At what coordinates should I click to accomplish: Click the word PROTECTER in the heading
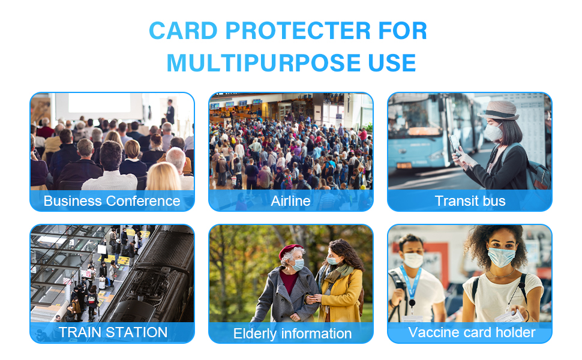[298, 31]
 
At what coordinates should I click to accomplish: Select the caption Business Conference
[112, 201]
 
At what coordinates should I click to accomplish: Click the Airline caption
[290, 201]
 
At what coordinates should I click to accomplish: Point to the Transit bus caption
[470, 201]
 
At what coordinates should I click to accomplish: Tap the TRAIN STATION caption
[113, 332]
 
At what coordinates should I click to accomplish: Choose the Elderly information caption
[292, 334]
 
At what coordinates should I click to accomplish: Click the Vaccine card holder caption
[472, 332]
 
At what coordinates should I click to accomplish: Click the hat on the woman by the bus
[499, 110]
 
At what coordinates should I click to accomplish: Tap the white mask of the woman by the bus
[493, 133]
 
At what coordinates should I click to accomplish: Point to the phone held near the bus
[455, 145]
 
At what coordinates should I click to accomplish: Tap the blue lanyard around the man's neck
[411, 284]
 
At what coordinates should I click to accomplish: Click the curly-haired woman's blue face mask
[502, 257]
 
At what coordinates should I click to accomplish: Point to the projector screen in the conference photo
[99, 103]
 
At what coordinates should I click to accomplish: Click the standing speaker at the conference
[170, 112]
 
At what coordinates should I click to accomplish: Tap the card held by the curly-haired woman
[510, 317]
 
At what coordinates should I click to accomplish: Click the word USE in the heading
[392, 63]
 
